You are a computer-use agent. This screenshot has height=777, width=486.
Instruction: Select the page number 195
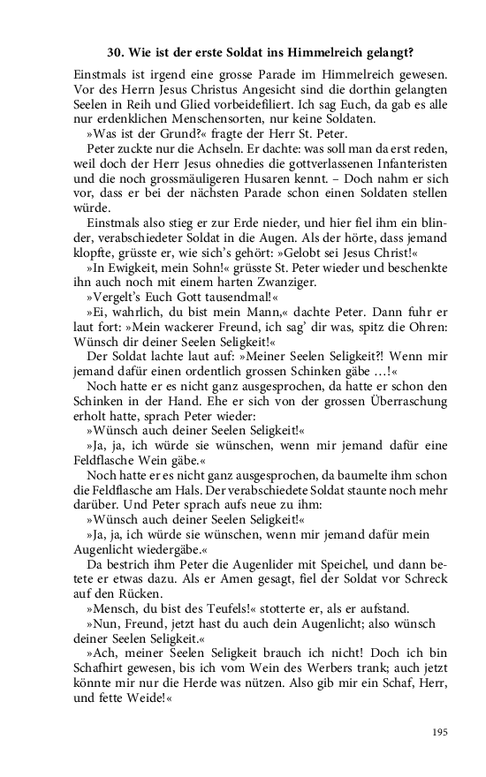pyautogui.click(x=440, y=731)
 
